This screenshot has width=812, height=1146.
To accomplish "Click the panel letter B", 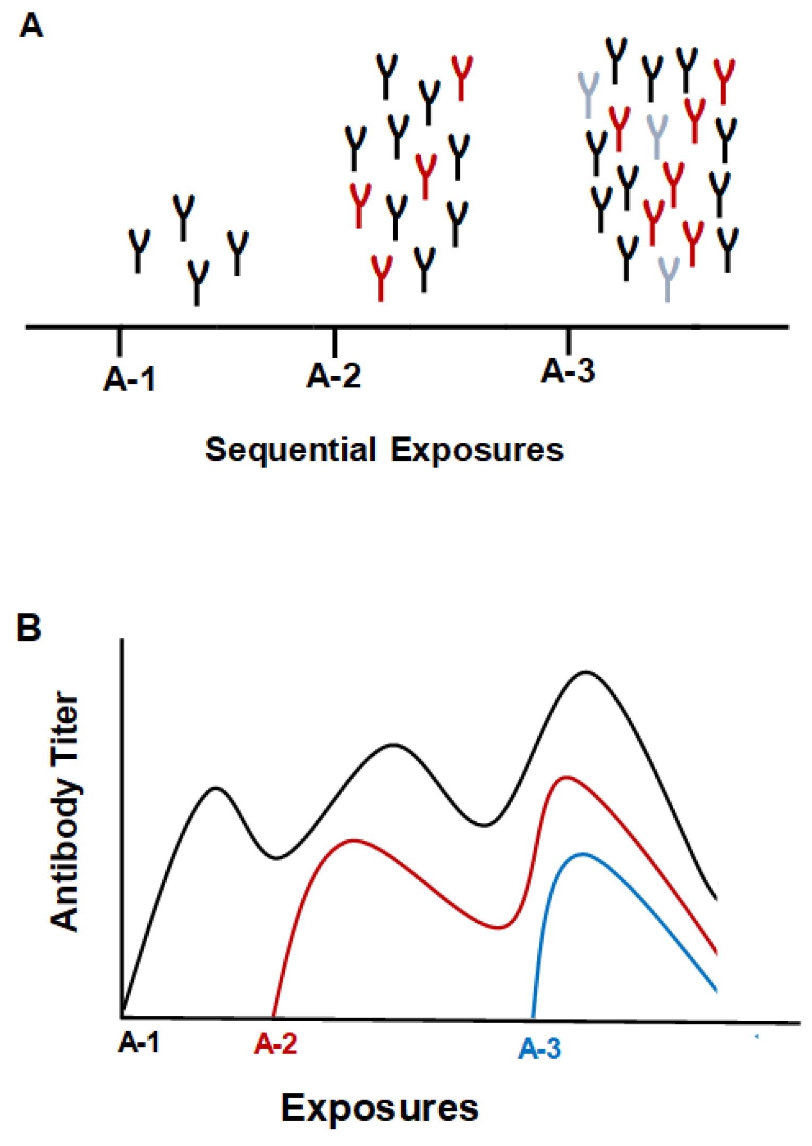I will (x=29, y=628).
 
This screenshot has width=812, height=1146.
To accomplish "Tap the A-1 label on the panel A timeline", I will (x=130, y=380).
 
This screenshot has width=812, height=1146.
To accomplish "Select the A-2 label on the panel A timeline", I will (x=334, y=375).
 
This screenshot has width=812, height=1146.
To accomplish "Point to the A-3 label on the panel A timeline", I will (x=568, y=370).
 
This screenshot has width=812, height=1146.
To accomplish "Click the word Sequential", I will (x=291, y=450).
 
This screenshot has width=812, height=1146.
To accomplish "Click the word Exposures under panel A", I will (x=477, y=450).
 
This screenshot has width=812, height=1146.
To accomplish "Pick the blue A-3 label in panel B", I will (x=539, y=1049).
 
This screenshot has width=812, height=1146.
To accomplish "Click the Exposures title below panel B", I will (x=379, y=1108).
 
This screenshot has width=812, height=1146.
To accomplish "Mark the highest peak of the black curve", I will (x=586, y=672).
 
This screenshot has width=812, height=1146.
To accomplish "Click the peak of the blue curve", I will (x=582, y=854).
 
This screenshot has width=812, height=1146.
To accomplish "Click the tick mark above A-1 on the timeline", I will (x=120, y=342).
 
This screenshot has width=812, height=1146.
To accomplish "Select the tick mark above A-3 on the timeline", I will (x=568, y=341).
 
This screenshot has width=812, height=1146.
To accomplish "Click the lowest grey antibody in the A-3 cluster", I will (x=668, y=279).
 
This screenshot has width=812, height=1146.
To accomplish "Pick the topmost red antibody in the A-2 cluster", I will (x=462, y=78).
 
